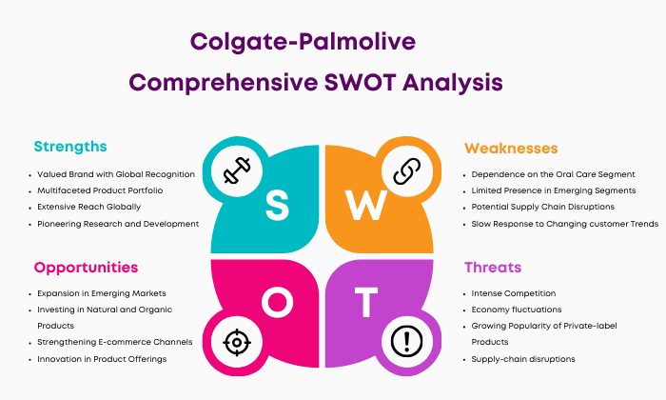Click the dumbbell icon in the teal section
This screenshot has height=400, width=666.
[x=237, y=170]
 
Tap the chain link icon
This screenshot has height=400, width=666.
[x=407, y=171]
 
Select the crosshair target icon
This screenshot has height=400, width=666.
[x=237, y=342]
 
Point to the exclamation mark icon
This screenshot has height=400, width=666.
[x=406, y=341]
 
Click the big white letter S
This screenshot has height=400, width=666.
[x=277, y=205]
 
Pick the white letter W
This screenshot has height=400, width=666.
[x=365, y=205]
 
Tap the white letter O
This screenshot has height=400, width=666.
[x=277, y=302]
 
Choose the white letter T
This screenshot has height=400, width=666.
[x=366, y=302]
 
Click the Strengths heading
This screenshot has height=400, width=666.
[x=70, y=147]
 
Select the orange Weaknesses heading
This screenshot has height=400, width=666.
[x=511, y=149]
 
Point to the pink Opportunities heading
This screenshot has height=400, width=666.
[x=87, y=268]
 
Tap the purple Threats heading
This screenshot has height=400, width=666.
[x=493, y=268]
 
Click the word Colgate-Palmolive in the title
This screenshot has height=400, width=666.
[x=303, y=42]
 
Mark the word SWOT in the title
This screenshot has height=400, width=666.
[x=361, y=82]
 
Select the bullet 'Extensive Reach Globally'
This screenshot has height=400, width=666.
[x=88, y=207]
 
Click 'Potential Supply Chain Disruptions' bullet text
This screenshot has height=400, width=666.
[x=543, y=207]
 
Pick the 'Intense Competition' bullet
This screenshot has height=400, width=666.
[x=514, y=293]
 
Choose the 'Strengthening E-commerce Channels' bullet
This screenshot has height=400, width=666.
[x=115, y=342]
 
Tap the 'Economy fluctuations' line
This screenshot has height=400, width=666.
[x=517, y=310]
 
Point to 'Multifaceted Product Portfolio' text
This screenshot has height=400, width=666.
[x=100, y=190]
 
